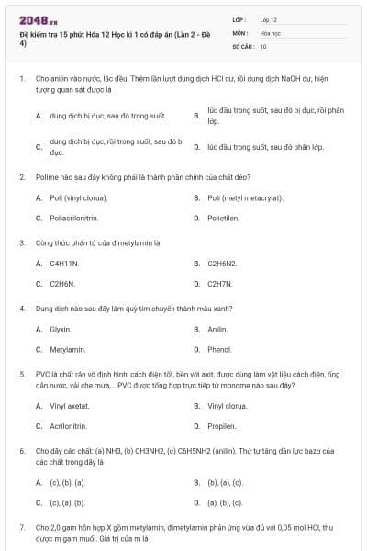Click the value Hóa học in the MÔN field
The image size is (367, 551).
[x=271, y=32]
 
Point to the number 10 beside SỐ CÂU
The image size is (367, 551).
[x=263, y=45]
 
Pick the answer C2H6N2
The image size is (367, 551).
[x=222, y=264]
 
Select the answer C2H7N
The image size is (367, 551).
[x=220, y=284]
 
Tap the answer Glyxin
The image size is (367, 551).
[x=61, y=329]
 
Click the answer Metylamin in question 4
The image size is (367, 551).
[x=67, y=349]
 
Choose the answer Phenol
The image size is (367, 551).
[x=219, y=349]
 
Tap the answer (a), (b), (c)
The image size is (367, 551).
[x=225, y=502]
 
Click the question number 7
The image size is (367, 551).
[x=22, y=528]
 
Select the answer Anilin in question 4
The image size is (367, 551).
[x=217, y=329]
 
